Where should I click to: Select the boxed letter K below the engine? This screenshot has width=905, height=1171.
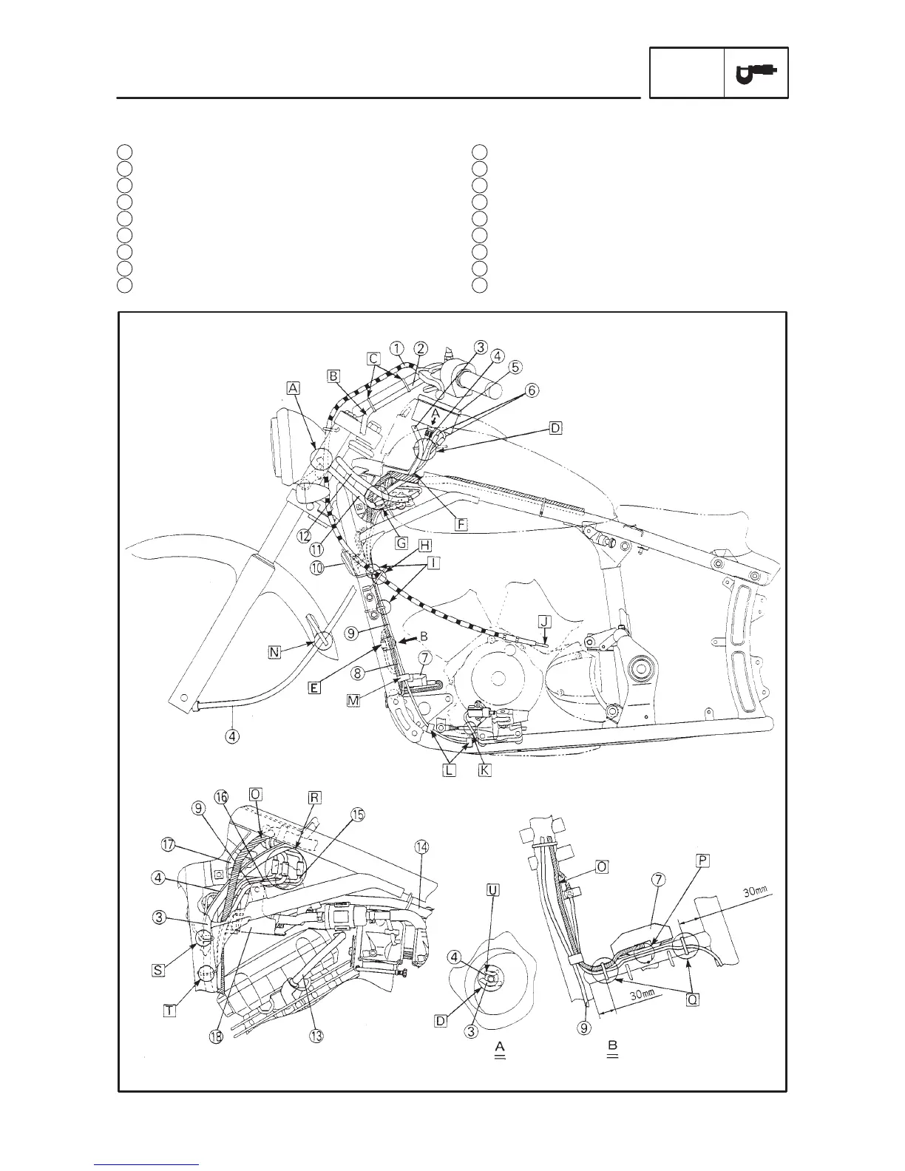click(x=484, y=770)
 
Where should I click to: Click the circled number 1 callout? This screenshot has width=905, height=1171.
click(x=397, y=348)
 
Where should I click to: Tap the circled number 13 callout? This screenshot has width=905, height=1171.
click(x=316, y=1036)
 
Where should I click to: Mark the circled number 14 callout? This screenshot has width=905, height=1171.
click(x=422, y=846)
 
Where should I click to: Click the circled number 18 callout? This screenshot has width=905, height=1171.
click(x=215, y=1037)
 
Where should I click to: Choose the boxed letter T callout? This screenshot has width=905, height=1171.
click(x=169, y=1011)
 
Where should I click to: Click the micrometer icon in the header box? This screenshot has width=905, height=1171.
click(x=756, y=72)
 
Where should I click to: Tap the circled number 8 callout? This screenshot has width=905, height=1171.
click(x=356, y=673)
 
